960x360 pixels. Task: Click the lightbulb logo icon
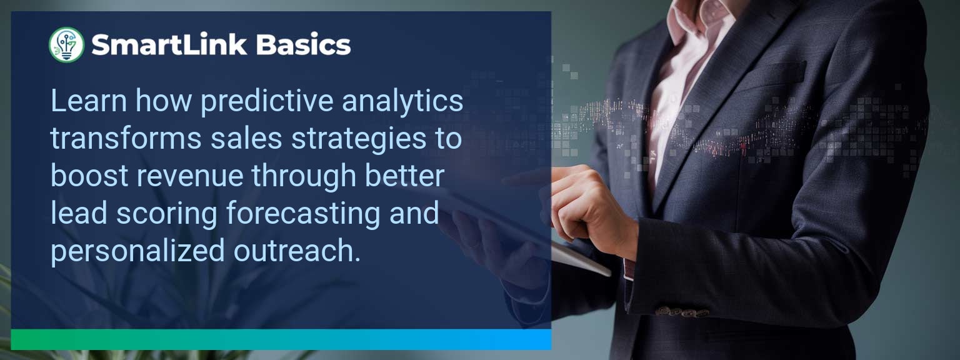pos(66,44)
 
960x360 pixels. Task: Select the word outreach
pos(297,251)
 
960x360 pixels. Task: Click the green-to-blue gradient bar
pos(281,339)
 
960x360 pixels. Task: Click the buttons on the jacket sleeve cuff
pos(681,312)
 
